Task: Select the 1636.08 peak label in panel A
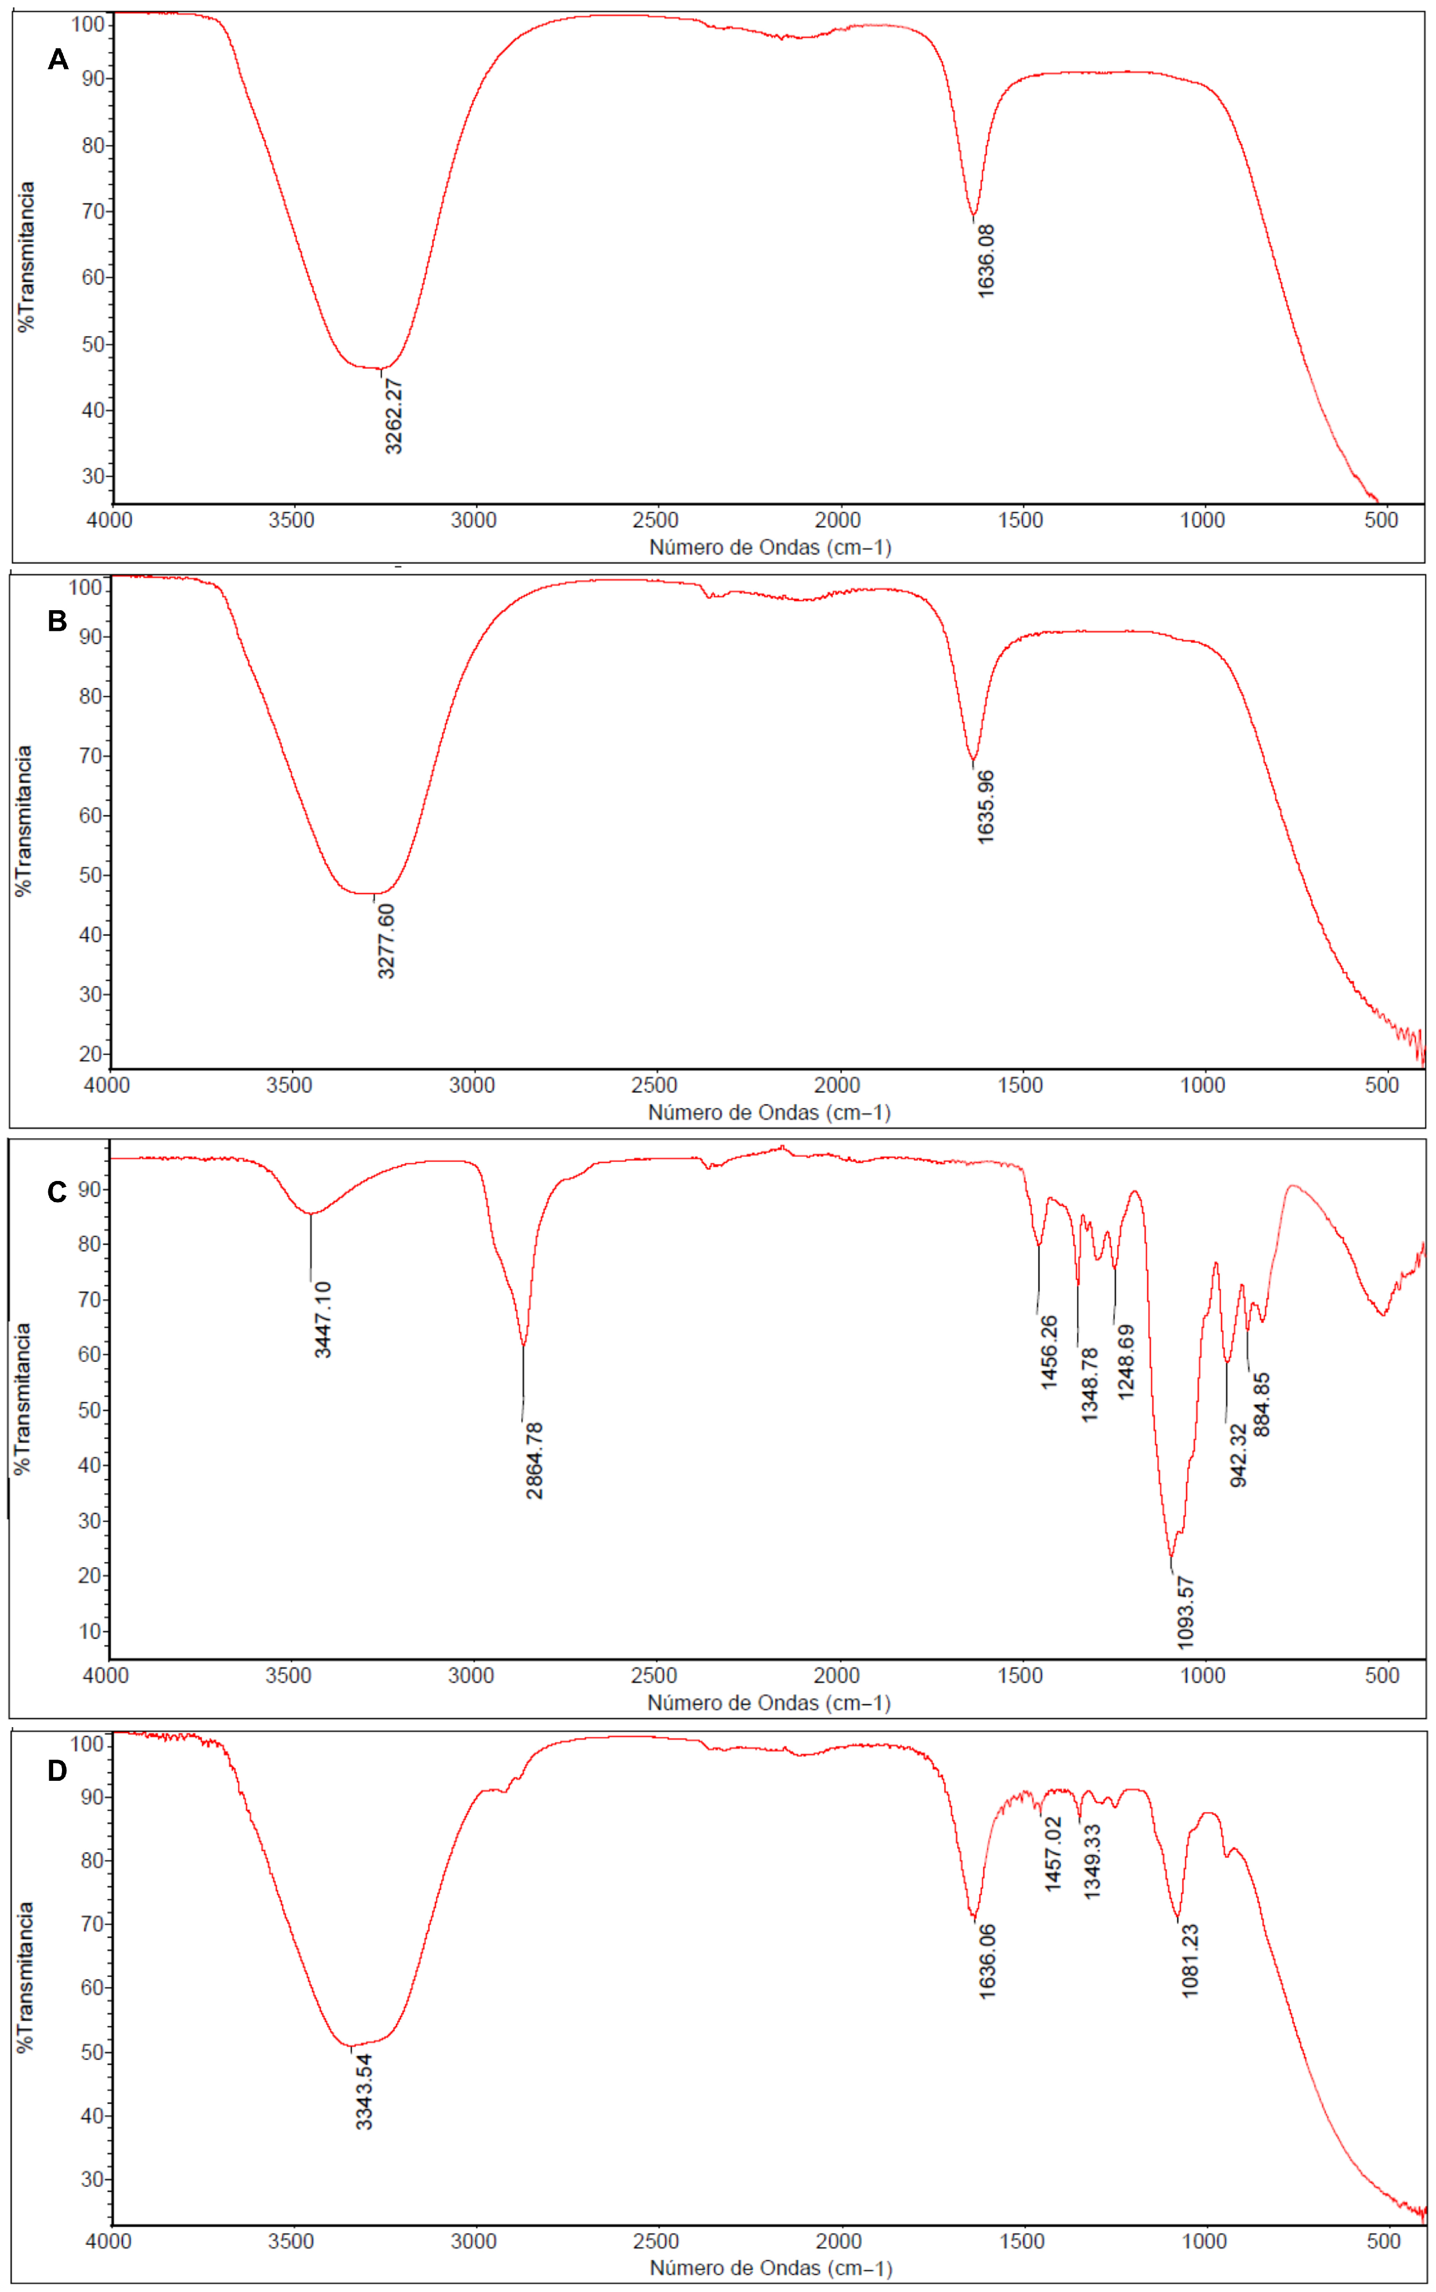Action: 986,261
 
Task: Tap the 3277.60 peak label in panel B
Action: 385,940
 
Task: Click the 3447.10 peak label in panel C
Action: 323,1319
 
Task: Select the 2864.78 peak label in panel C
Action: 535,1460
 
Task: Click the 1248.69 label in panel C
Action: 1125,1361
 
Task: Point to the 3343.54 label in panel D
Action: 364,2092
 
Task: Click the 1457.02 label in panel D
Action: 1053,1854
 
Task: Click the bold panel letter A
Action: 58,60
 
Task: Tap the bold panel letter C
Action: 57,1191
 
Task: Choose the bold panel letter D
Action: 57,1770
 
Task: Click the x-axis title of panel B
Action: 769,1113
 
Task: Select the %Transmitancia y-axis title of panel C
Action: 23,1398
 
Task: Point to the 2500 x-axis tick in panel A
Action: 655,521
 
